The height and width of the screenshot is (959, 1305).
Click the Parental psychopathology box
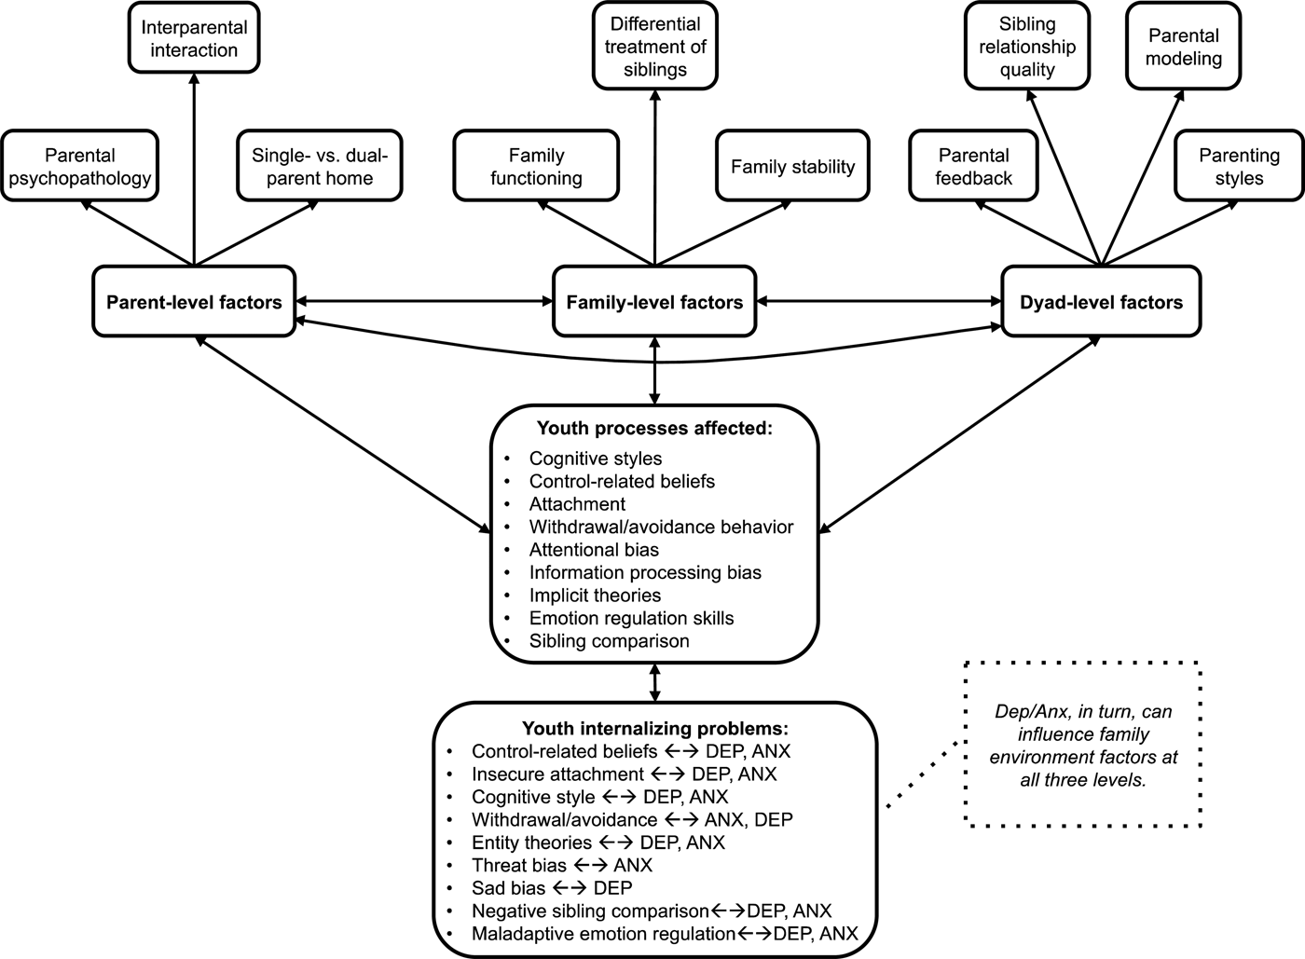80,166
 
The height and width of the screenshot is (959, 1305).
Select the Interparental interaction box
194,38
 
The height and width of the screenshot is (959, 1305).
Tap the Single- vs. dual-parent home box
320,166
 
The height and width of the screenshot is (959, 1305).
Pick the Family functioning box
536,166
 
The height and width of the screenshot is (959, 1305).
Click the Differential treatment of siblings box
655,47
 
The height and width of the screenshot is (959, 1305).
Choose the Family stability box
792,166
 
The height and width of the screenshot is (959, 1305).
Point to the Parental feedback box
973,166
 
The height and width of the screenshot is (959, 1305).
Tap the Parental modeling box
1183,47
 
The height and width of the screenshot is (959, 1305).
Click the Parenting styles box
1239,166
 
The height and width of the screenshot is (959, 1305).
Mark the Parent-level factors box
194,302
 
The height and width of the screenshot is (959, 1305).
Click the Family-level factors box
654,302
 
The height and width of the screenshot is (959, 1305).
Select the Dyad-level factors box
1101,302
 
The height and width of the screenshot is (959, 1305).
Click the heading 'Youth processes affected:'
654,429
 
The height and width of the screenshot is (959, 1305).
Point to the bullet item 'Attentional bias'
594,550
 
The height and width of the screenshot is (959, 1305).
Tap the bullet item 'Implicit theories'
595,596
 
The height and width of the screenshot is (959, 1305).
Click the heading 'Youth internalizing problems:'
655,728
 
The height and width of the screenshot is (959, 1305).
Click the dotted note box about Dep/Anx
1082,745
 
